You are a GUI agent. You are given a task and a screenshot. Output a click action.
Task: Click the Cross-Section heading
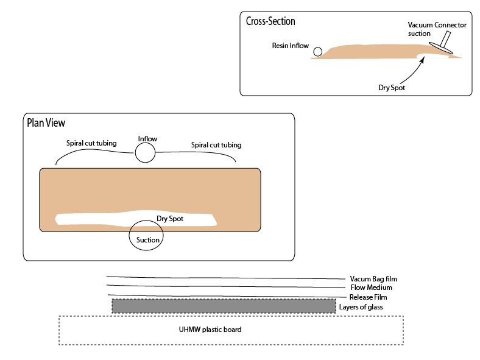270,21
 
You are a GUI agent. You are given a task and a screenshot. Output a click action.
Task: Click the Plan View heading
46,122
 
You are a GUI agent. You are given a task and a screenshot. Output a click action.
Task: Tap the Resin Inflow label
291,46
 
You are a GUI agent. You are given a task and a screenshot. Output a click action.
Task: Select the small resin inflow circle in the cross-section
318,52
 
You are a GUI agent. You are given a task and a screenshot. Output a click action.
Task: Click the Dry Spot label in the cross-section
392,87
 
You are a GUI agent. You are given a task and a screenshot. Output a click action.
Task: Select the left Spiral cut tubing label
91,144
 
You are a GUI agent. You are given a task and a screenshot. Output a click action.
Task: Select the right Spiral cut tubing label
216,145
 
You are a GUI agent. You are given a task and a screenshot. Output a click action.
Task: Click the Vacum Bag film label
373,279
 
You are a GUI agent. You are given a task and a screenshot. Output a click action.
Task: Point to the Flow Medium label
371,288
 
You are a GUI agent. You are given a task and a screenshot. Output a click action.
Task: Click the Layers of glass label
362,307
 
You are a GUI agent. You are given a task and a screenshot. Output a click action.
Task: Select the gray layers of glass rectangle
224,306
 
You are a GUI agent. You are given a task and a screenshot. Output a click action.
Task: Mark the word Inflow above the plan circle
147,139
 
